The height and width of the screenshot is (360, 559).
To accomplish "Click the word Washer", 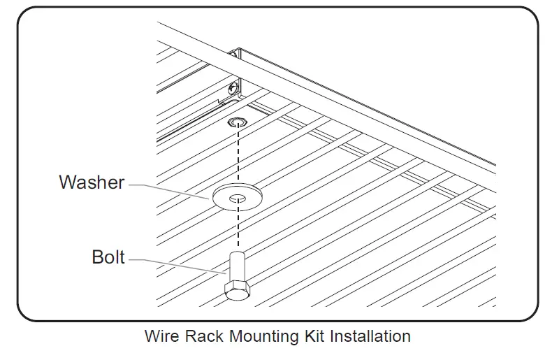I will [x=92, y=182].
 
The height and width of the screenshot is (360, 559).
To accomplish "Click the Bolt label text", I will [x=108, y=257].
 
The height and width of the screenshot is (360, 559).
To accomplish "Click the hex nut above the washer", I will [x=238, y=123].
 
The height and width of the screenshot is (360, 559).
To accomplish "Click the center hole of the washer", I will [x=238, y=198].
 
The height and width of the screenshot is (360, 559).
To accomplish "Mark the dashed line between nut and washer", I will [x=238, y=157].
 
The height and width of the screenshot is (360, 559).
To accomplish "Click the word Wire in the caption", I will [x=160, y=336].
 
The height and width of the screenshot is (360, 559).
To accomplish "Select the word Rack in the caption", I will [x=200, y=336].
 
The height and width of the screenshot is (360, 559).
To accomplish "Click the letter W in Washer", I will [x=68, y=182].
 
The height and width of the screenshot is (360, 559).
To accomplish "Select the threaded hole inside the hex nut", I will [x=238, y=122].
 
